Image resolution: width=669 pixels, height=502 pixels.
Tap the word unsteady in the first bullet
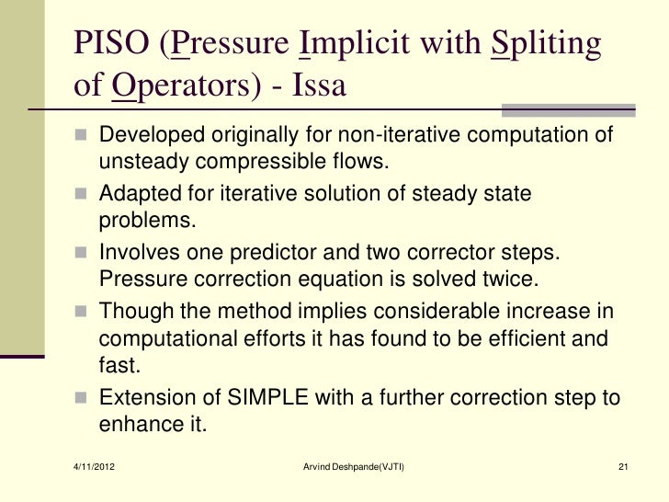click(x=139, y=164)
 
